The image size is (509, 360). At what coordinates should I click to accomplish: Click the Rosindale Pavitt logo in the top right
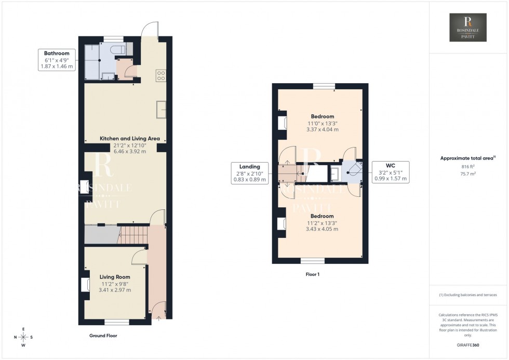coord(468,28)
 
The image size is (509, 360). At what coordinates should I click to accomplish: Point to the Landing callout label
coord(249,173)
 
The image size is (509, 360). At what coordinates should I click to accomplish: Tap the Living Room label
coord(115,277)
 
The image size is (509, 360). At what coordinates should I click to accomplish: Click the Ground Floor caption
coord(103,336)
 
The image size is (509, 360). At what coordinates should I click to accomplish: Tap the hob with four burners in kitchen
coord(160,76)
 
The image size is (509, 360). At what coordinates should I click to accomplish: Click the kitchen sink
coord(160,109)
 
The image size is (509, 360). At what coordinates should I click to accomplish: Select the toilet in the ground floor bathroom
coord(118,49)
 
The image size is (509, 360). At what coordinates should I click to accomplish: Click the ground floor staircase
coord(132,234)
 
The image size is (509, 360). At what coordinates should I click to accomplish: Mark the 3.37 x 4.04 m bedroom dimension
coord(323,129)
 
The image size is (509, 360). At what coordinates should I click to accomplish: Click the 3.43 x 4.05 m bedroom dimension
coord(322,229)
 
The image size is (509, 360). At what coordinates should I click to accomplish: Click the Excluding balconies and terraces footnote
coord(468,295)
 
